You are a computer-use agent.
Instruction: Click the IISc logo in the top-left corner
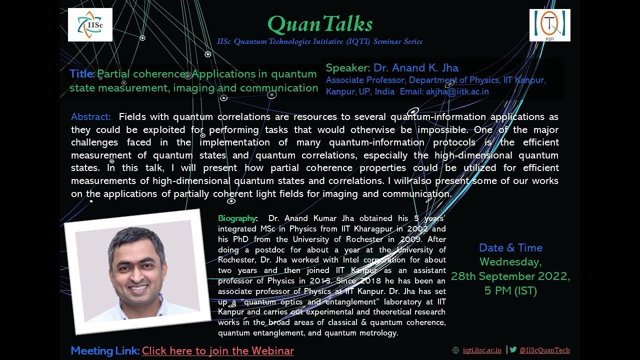pos(90,24)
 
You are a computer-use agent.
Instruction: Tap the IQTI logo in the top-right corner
pos(549,25)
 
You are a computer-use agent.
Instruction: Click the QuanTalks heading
pos(320,23)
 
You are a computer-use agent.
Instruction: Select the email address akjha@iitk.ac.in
pos(457,91)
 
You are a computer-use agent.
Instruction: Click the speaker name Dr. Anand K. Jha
pos(415,68)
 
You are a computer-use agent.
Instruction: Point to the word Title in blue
pos(81,74)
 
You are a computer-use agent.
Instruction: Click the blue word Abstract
pos(91,117)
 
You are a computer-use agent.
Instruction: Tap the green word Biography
pos(237,218)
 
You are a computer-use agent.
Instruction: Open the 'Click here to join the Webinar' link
pos(218,351)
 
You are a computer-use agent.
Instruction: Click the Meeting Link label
pos(105,351)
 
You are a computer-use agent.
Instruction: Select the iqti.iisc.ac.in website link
pos(482,350)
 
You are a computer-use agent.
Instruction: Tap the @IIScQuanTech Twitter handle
pos(544,350)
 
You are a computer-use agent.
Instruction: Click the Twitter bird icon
pos(513,350)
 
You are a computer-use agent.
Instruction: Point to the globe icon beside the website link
pos(455,350)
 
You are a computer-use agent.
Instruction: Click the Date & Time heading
pos(510,247)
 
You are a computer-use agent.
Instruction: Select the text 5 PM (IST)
pos(510,290)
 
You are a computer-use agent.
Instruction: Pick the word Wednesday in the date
pos(509,262)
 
